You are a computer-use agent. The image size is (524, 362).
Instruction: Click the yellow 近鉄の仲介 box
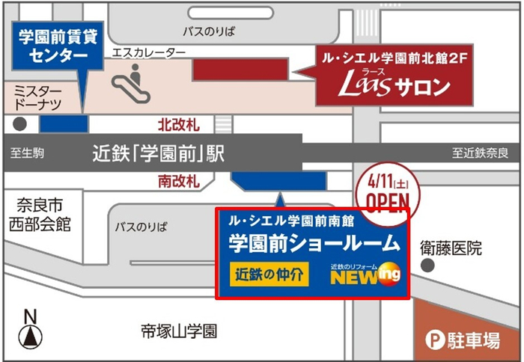[x=269, y=274]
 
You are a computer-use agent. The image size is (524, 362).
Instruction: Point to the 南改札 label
[x=178, y=181]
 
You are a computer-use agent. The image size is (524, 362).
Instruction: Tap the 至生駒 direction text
[x=28, y=154]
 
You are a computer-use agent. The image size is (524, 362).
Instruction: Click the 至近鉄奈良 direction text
[x=480, y=154]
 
